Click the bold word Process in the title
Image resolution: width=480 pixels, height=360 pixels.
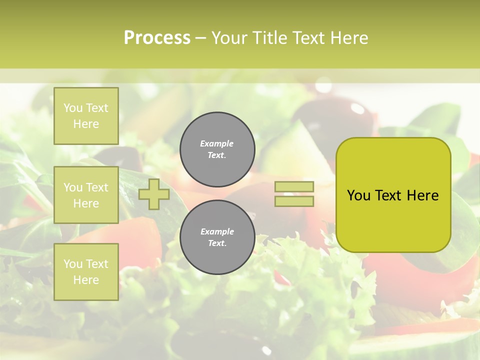pyautogui.click(x=157, y=38)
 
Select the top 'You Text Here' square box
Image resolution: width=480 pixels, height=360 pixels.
pyautogui.click(x=86, y=116)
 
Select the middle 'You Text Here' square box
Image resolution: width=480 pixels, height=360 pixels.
pyautogui.click(x=86, y=195)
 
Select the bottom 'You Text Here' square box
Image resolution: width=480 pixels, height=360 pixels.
pyautogui.click(x=86, y=272)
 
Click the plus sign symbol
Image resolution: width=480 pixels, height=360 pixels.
pyautogui.click(x=154, y=194)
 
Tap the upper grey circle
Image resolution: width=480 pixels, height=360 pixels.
pyautogui.click(x=217, y=149)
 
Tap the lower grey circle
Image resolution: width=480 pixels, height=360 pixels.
pyautogui.click(x=217, y=237)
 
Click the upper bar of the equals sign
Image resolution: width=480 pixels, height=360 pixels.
pyautogui.click(x=294, y=187)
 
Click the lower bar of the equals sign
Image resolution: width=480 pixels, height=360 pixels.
pyautogui.click(x=294, y=201)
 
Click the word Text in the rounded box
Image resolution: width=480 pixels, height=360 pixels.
pyautogui.click(x=388, y=195)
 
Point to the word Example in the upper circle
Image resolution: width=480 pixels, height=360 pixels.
pyautogui.click(x=217, y=144)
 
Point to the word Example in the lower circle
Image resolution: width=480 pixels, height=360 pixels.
pyautogui.click(x=217, y=232)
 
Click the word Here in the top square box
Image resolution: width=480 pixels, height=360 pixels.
pyautogui.click(x=86, y=124)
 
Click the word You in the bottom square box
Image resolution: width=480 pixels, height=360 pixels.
pyautogui.click(x=73, y=264)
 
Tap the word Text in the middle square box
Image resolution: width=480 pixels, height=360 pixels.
pyautogui.click(x=96, y=187)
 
